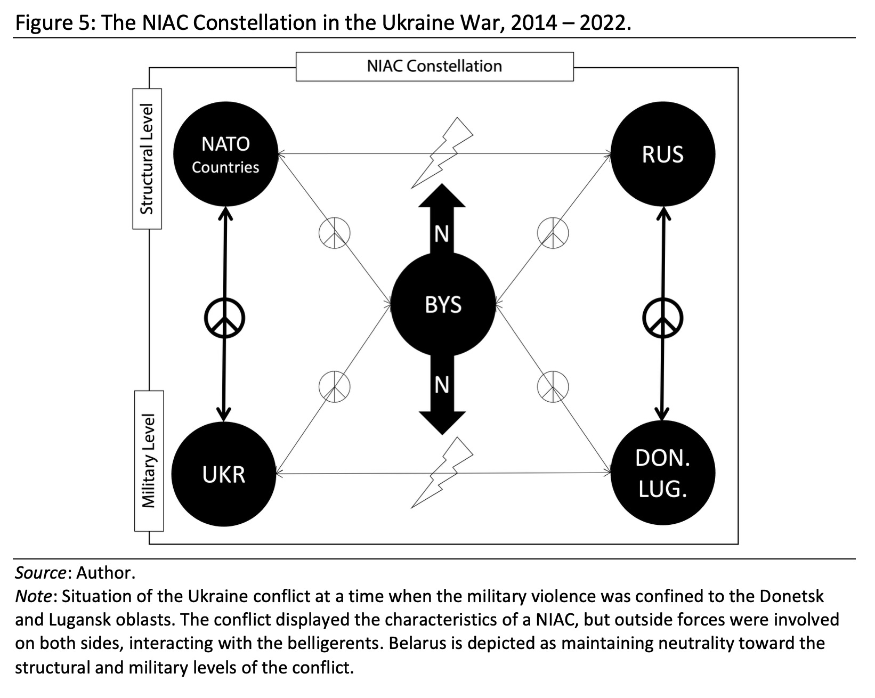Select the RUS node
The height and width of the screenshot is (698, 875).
tap(662, 154)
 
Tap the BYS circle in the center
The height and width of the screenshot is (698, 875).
tap(443, 305)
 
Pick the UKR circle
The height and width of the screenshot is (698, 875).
tap(224, 474)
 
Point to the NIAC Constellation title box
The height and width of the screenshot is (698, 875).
tap(434, 67)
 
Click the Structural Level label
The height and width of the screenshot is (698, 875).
tap(147, 159)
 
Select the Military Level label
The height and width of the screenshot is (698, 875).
tap(149, 461)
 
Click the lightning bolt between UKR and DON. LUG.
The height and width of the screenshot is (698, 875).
tap(442, 473)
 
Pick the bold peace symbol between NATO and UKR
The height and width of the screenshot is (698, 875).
tap(224, 319)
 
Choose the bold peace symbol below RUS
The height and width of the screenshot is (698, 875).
tap(662, 319)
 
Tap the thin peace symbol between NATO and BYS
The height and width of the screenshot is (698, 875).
tap(335, 233)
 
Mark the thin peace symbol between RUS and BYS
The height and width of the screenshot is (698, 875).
tap(553, 233)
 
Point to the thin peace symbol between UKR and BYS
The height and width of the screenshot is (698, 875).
tap(335, 386)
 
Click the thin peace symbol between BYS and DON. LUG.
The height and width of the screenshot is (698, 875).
tap(553, 386)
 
